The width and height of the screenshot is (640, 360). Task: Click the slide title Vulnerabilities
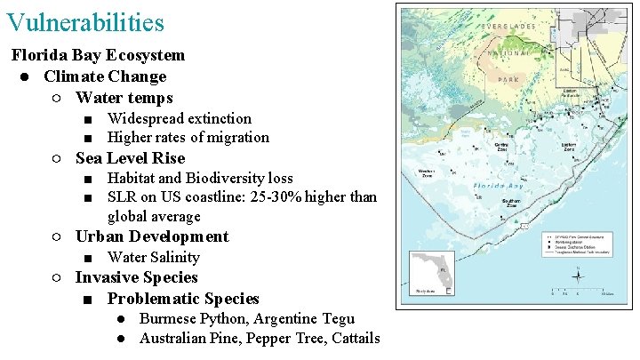tap(84, 21)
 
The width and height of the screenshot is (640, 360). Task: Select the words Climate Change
tap(105, 76)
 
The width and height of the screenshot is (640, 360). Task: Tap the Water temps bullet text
tap(124, 98)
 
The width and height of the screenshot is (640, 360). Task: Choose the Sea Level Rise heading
tap(130, 158)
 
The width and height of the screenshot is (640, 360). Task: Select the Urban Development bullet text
tap(152, 236)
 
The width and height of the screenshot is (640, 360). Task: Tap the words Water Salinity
tap(153, 257)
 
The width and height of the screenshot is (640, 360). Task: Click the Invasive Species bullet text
tap(136, 277)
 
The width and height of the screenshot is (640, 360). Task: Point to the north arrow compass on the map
tap(577, 276)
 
